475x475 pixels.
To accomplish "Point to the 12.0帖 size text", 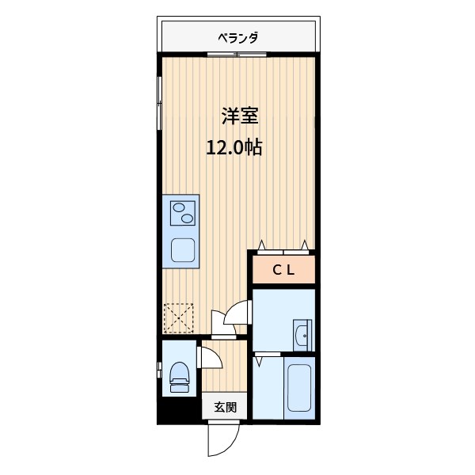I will click(x=234, y=147).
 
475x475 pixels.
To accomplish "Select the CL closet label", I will click(x=283, y=270).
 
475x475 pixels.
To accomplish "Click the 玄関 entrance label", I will click(x=225, y=408).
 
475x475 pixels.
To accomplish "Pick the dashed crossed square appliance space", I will click(x=178, y=319).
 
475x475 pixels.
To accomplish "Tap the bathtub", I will click(x=298, y=391).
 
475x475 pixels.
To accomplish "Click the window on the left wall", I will click(x=159, y=98).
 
